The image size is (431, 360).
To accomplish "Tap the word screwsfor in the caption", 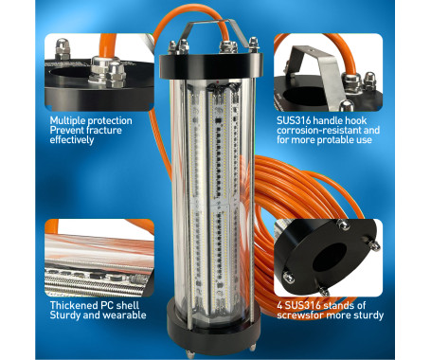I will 304,315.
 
